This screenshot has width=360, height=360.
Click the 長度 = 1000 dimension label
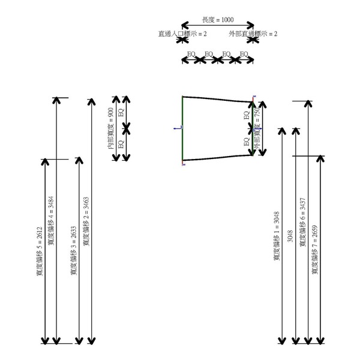(218, 20)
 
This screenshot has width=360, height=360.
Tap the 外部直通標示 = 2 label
(253, 34)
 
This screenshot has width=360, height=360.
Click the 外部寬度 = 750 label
(257, 128)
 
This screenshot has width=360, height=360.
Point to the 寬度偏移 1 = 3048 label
(277, 236)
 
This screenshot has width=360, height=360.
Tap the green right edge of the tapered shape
(251, 129)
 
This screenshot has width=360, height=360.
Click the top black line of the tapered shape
(216, 98)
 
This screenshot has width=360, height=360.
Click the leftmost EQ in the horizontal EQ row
(191, 54)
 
